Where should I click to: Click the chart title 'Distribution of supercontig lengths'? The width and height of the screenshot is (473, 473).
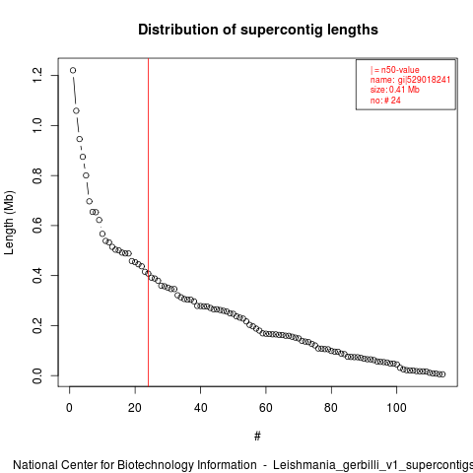258,30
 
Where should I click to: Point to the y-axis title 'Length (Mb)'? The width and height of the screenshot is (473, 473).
9,223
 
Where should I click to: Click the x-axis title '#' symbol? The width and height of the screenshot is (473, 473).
257,436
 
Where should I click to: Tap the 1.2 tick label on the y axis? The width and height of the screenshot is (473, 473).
37,75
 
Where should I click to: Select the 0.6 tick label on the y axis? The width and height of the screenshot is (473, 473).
37,226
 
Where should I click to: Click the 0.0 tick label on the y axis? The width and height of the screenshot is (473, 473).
37,375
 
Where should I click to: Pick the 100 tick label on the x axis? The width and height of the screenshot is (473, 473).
396,408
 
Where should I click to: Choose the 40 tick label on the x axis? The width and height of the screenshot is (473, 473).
200,408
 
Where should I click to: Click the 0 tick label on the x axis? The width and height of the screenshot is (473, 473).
69,408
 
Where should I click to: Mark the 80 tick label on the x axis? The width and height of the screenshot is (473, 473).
331,408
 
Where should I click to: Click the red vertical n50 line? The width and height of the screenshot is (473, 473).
148,223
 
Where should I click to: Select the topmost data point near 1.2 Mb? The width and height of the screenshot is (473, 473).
73,70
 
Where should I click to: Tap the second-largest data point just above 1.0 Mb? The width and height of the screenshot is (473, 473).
76,111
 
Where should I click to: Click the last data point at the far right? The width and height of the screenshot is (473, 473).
442,374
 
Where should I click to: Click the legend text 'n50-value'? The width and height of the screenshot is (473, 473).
400,70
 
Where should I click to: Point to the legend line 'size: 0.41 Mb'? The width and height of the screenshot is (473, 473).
395,90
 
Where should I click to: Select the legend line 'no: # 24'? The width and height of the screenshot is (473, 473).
385,100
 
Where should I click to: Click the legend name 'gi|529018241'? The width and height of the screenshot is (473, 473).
424,80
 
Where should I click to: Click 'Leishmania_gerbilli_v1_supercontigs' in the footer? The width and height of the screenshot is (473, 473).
372,465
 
